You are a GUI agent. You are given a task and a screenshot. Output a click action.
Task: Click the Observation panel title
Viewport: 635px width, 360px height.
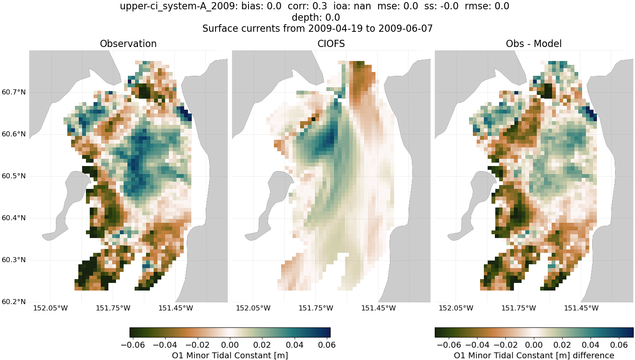(128, 44)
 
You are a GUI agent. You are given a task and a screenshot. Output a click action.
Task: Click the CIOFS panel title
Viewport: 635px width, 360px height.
(331, 44)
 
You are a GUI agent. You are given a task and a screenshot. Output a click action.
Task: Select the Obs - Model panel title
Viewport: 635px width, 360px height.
(533, 44)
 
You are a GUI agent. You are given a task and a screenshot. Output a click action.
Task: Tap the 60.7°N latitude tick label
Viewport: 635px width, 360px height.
(14, 92)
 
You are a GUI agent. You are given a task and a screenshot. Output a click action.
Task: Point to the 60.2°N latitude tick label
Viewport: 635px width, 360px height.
(14, 302)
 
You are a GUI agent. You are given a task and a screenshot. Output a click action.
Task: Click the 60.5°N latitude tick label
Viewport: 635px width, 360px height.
(14, 176)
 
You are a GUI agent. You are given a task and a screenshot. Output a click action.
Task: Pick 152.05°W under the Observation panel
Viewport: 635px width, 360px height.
(50, 308)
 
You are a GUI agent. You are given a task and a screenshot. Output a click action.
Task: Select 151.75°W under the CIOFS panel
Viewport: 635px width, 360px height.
(316, 308)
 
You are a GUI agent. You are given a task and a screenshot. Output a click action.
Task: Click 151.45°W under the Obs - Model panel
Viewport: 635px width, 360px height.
(581, 308)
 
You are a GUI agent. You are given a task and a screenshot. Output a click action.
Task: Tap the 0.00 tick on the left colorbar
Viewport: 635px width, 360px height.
(230, 345)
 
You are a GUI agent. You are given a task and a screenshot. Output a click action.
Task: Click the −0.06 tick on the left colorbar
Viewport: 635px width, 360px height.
(133, 345)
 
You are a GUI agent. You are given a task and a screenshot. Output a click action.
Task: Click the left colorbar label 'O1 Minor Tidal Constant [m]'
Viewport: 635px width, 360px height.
(230, 355)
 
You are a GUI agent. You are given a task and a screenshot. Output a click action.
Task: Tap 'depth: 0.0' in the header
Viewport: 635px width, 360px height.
(316, 18)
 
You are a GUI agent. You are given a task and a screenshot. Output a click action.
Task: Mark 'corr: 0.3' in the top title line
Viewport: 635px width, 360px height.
(307, 6)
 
